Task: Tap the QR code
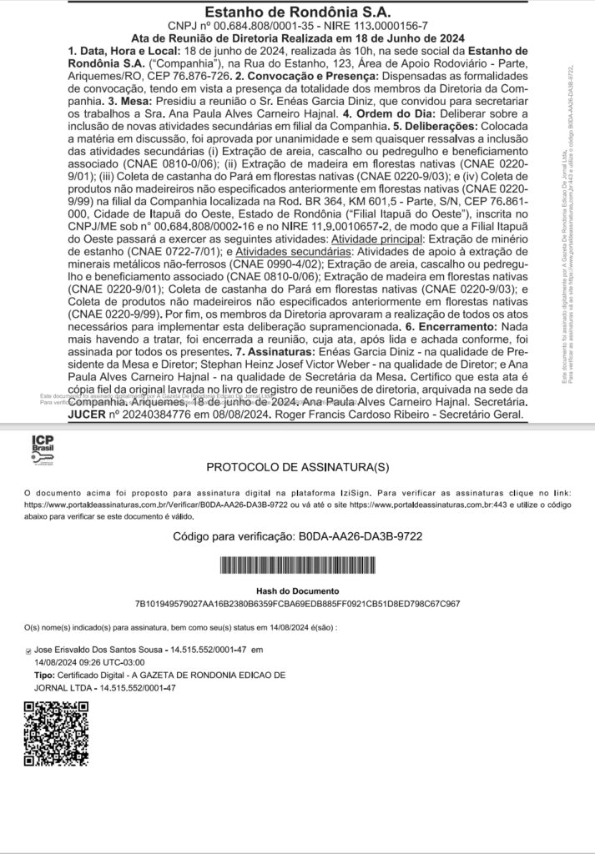point(57,734)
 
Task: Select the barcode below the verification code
point(297,566)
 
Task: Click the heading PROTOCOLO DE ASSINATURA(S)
point(297,467)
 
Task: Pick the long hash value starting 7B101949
point(297,603)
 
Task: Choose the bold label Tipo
point(43,674)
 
